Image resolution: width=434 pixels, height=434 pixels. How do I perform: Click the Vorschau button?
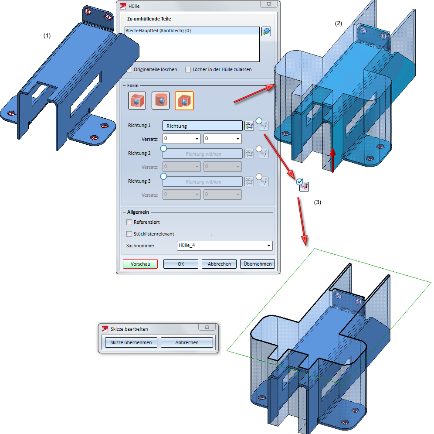click(x=140, y=264)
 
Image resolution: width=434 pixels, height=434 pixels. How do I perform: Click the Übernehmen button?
click(x=258, y=264)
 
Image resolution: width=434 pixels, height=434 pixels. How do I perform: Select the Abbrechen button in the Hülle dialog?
click(x=219, y=264)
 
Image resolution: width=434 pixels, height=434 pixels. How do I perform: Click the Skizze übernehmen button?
click(x=131, y=342)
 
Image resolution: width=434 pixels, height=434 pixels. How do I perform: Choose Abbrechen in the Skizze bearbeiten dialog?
click(x=187, y=342)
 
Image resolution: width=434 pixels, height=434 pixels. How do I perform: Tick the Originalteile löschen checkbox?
click(x=129, y=69)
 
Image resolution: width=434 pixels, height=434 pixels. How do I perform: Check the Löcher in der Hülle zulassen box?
click(x=188, y=69)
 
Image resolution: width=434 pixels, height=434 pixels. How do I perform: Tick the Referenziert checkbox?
click(x=129, y=222)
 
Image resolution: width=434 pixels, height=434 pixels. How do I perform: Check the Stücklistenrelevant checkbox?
click(x=129, y=234)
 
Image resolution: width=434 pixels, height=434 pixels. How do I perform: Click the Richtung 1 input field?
click(x=202, y=126)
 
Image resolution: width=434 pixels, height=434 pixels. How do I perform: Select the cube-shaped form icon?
click(x=137, y=101)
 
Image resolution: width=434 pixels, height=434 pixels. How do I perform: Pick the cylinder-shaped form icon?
click(x=160, y=101)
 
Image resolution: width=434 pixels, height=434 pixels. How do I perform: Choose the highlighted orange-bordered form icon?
click(x=184, y=101)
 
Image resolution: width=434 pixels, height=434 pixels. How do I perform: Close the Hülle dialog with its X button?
click(x=269, y=4)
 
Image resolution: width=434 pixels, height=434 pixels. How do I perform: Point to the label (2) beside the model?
click(x=338, y=23)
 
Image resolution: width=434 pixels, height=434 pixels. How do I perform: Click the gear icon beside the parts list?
click(x=266, y=31)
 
